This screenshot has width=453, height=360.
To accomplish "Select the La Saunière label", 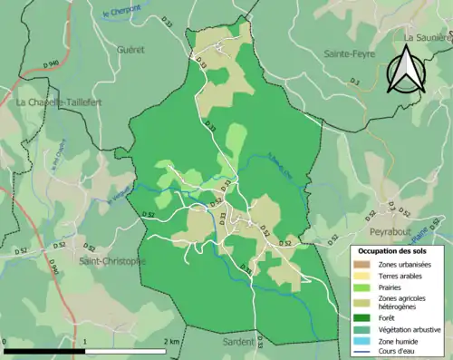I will point(426,38).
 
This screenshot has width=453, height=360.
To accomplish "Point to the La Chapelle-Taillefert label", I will point(59,103).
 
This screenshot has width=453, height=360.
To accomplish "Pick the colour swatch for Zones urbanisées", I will point(365,263).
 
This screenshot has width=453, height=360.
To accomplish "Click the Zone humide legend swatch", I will point(365,343).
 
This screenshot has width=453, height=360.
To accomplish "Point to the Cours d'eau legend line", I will point(365,354).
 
